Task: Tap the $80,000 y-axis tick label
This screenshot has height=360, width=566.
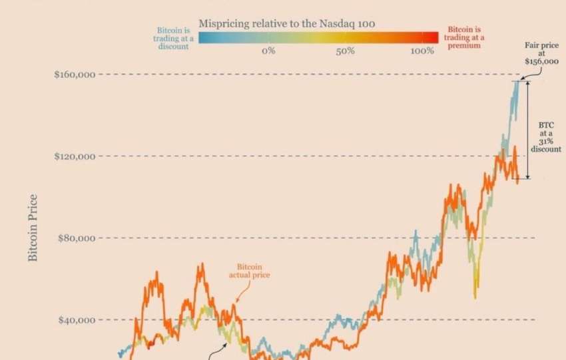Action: (78, 238)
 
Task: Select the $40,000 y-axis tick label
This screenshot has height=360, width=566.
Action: (78, 320)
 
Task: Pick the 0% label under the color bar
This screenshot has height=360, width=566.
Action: (268, 51)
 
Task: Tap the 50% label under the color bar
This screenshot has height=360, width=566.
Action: (345, 51)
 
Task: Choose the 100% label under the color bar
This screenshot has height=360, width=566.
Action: (422, 51)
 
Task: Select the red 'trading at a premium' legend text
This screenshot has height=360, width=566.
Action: (464, 38)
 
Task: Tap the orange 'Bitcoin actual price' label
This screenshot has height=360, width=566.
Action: (250, 270)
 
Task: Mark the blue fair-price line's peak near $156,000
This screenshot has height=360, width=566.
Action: (517, 82)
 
